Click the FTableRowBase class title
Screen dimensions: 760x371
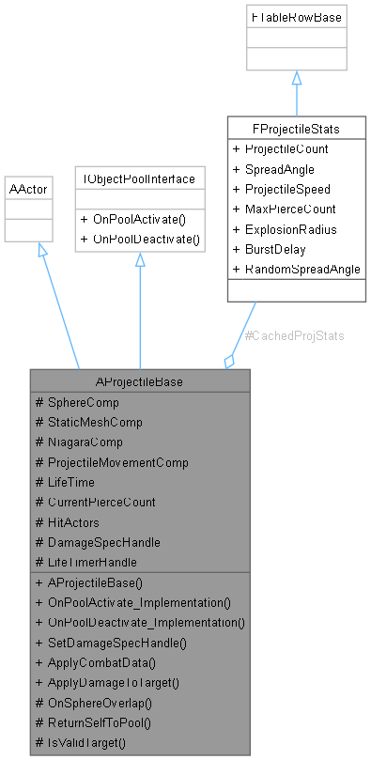coord(296,17)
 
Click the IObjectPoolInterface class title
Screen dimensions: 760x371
coord(140,178)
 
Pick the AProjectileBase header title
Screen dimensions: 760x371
coord(140,382)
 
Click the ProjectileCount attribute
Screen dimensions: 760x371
coord(286,149)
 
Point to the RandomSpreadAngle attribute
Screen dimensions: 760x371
coord(296,269)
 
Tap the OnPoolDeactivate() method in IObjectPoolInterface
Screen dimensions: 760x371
coord(140,239)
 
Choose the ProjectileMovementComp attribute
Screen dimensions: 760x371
coord(117,461)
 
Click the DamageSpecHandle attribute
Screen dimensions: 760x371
coord(102,542)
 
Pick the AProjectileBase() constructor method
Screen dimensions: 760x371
coord(95,582)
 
